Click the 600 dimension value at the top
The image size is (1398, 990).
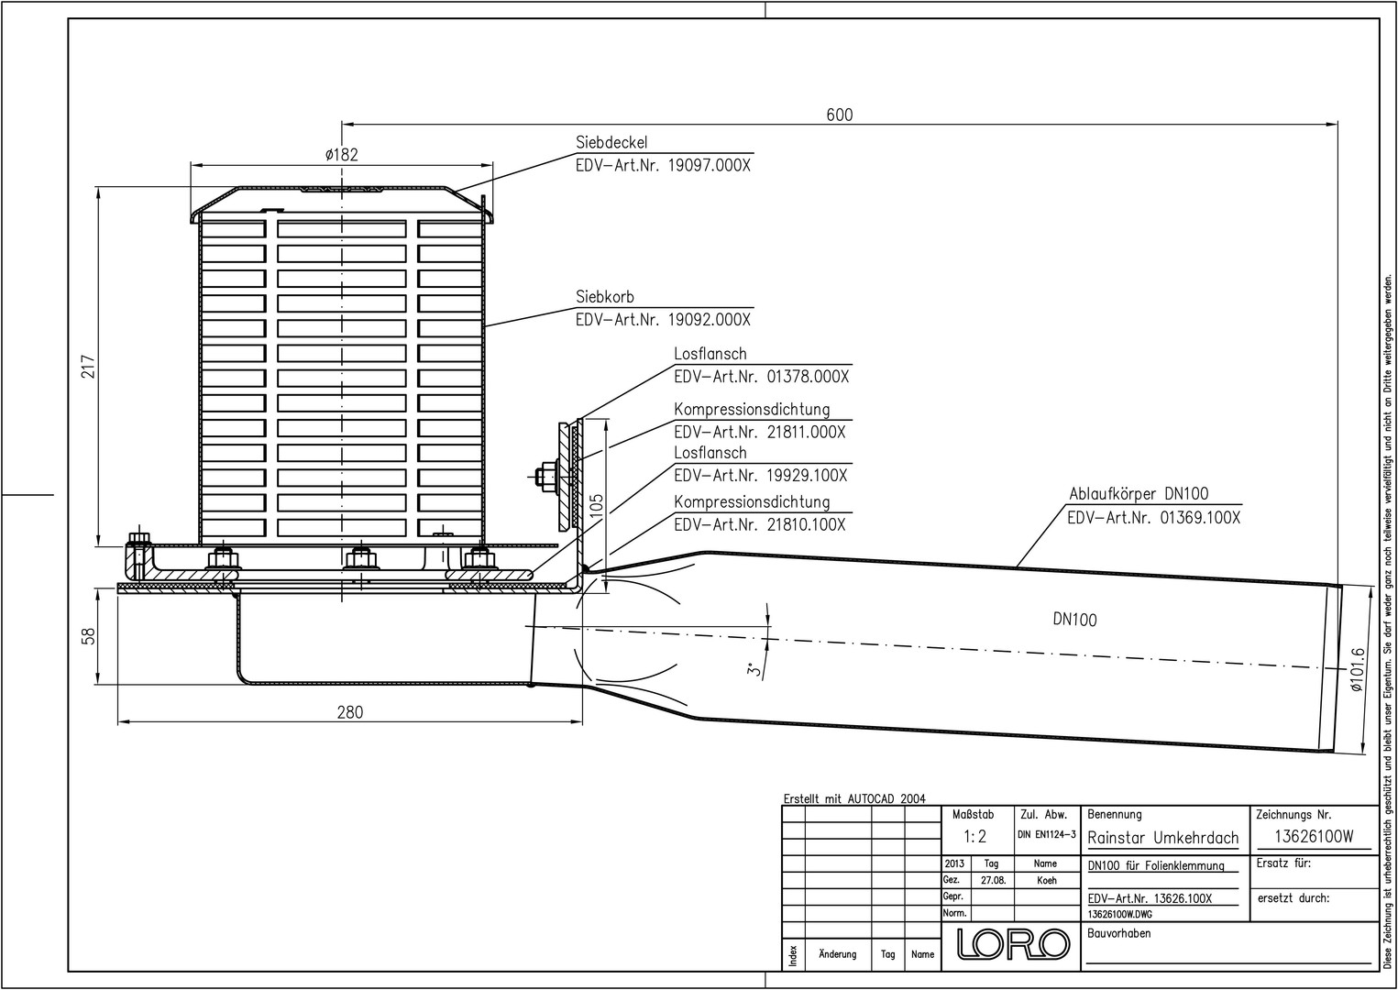[x=840, y=115]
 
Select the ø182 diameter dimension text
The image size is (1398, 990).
[x=341, y=154]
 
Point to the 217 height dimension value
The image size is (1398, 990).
[x=88, y=367]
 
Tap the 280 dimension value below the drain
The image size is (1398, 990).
[x=349, y=712]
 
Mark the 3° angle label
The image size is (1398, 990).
[x=755, y=670]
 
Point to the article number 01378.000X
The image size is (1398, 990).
[x=804, y=377]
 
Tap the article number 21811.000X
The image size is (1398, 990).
[x=804, y=432]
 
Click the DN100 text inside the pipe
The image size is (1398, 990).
[x=1074, y=620]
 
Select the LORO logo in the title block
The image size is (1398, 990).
[x=1014, y=943]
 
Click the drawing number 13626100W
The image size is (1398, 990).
[x=1315, y=837]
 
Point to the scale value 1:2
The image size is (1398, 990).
[x=974, y=836]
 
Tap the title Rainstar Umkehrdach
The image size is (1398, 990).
[x=1162, y=838]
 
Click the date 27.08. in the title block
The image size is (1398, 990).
[x=993, y=880]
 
